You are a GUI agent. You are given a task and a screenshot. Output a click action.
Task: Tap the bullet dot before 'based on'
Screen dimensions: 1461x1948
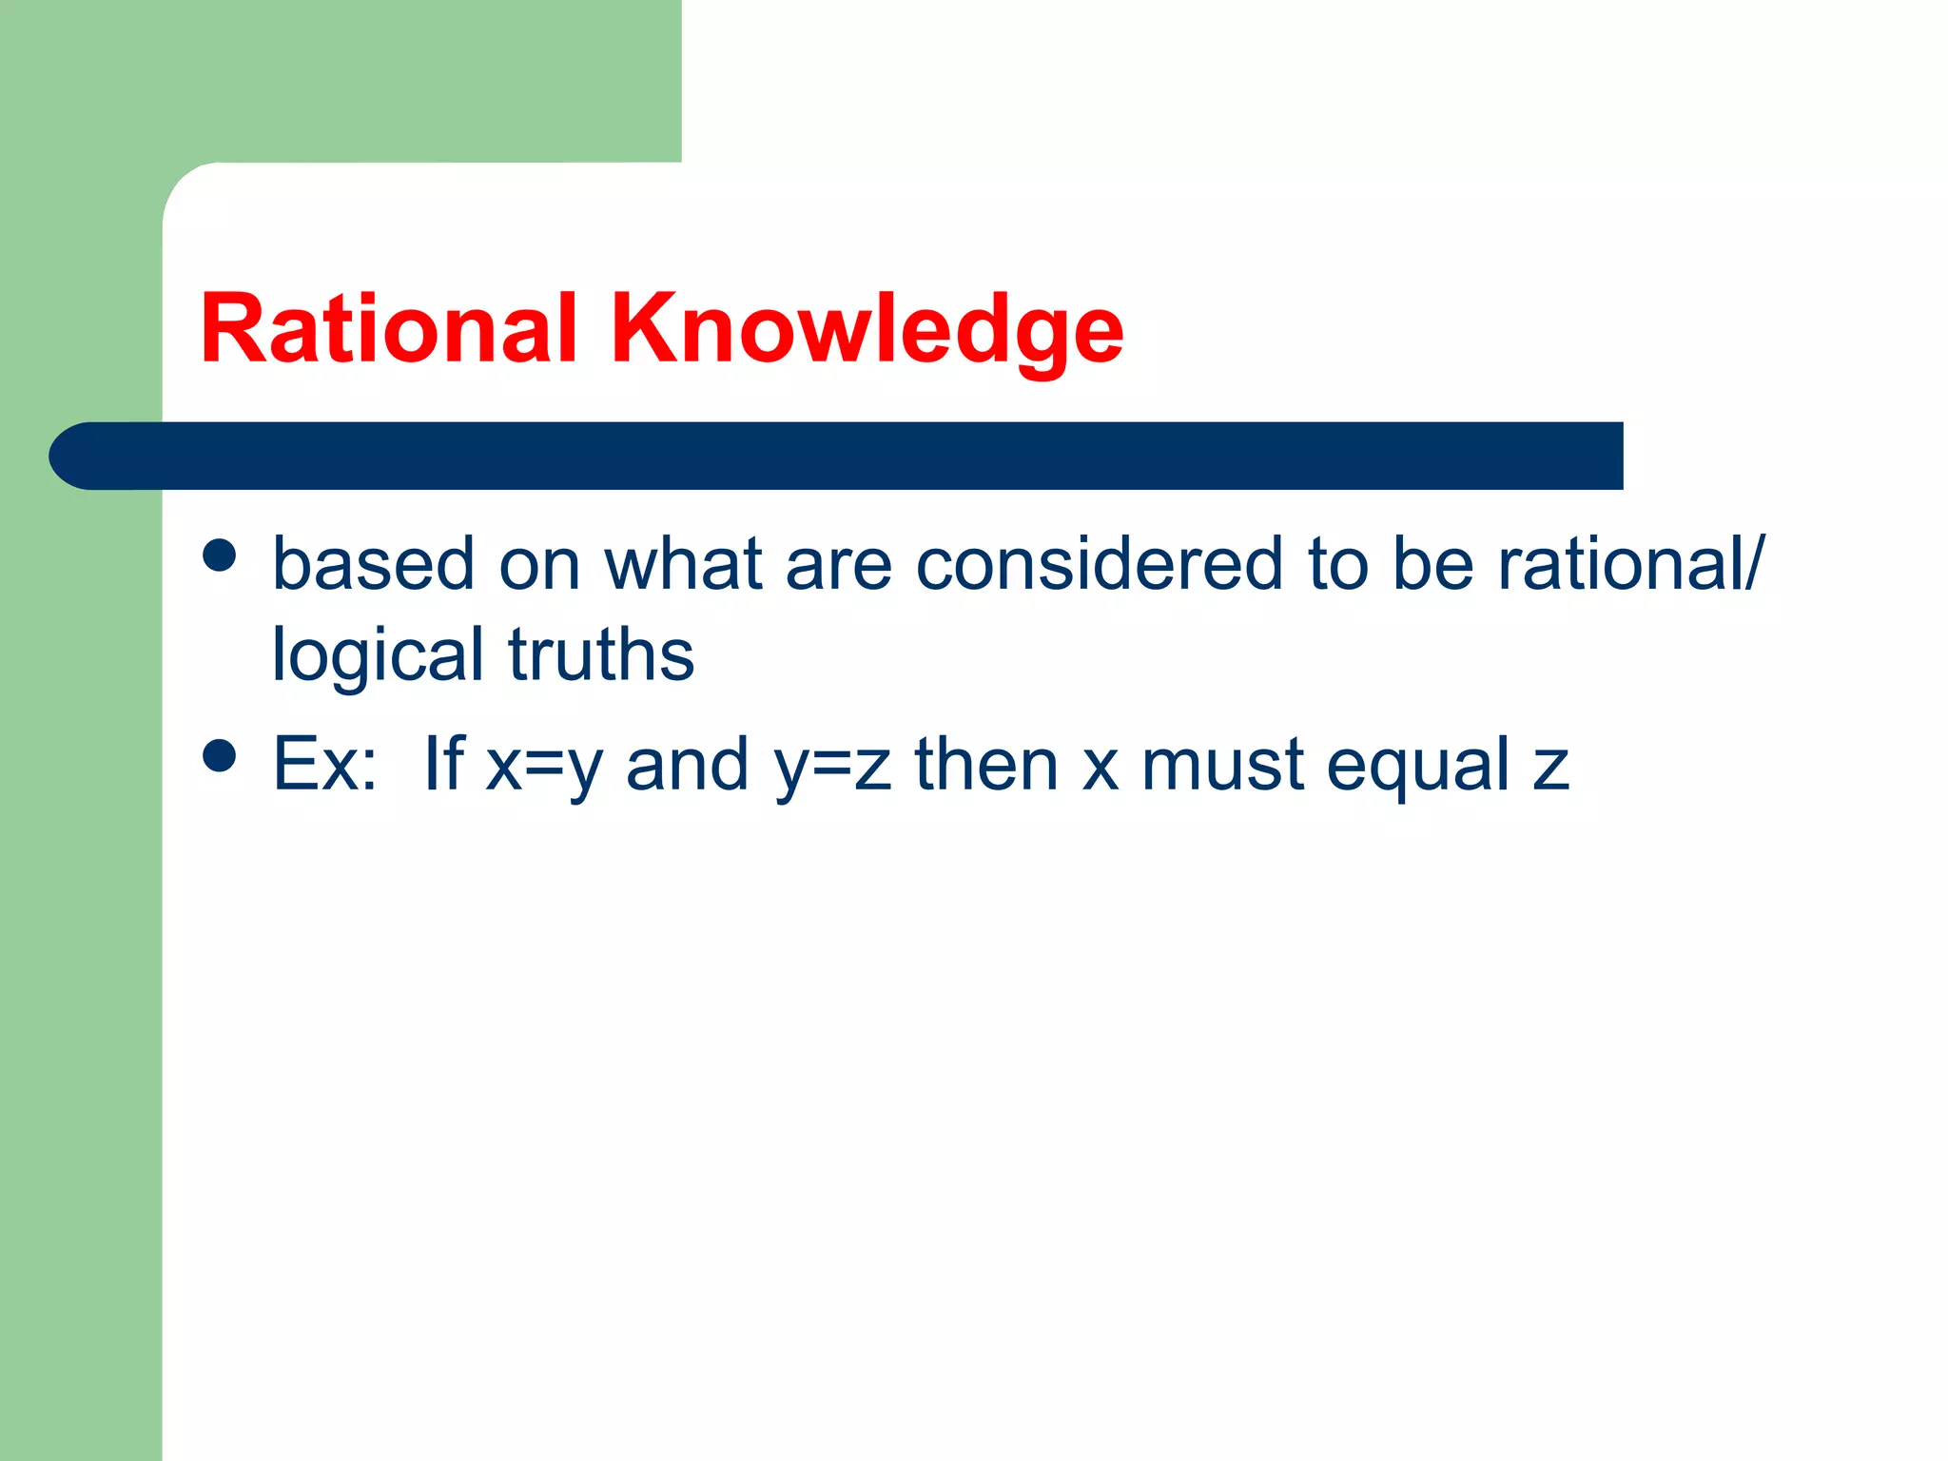[220, 555]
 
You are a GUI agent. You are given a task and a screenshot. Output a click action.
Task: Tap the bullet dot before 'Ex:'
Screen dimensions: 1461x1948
[220, 757]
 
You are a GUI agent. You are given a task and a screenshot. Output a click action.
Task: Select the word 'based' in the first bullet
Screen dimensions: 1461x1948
[373, 564]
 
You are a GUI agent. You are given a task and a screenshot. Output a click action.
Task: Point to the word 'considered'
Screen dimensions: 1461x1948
[1099, 564]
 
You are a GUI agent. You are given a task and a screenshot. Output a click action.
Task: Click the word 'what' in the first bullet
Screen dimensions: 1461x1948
[684, 564]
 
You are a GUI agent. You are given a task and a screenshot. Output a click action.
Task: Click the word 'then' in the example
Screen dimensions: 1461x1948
[986, 764]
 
